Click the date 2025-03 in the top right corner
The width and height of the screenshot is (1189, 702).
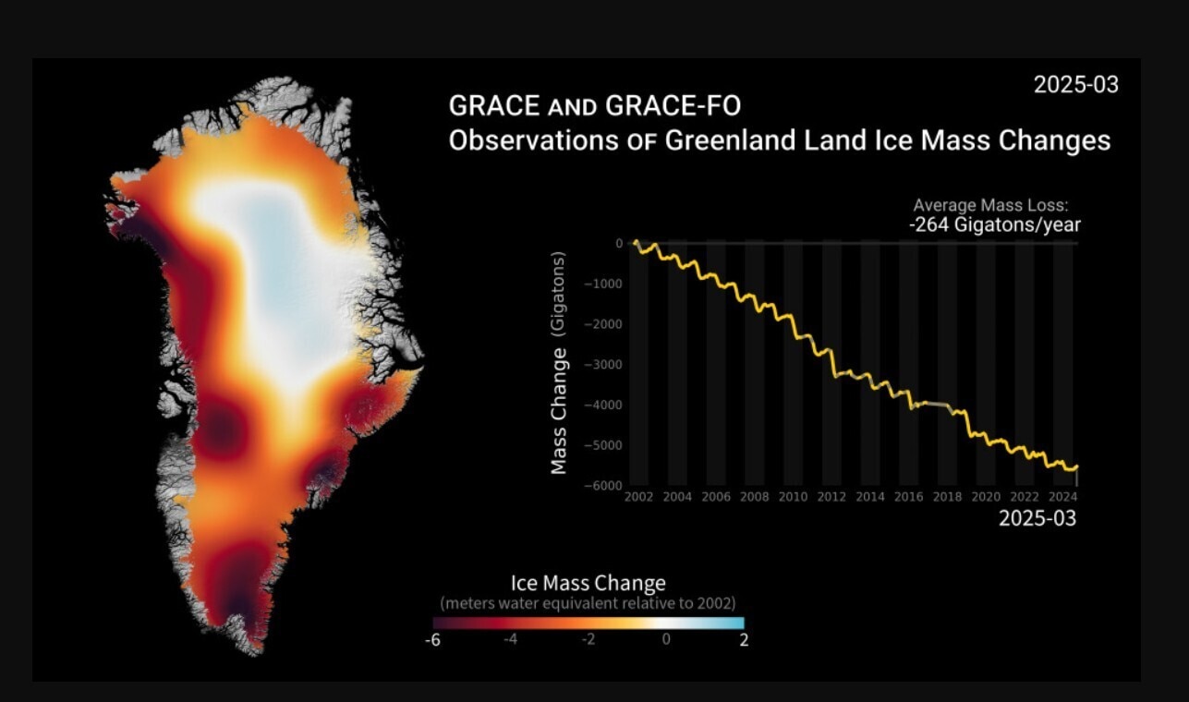pyautogui.click(x=1075, y=85)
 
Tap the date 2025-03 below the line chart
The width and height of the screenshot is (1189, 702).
pyautogui.click(x=1037, y=519)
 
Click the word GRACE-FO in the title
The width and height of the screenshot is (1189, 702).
pyautogui.click(x=673, y=106)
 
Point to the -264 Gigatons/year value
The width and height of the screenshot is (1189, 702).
pyautogui.click(x=994, y=224)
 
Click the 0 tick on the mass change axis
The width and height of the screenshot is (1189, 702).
pyautogui.click(x=619, y=243)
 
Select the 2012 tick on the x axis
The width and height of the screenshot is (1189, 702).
pyautogui.click(x=831, y=497)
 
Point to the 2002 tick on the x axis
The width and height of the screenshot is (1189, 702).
pyautogui.click(x=638, y=497)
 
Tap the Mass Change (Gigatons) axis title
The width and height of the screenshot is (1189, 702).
pyautogui.click(x=559, y=362)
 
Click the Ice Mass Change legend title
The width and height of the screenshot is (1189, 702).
pyautogui.click(x=588, y=584)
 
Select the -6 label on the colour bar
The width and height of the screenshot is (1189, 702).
pyautogui.click(x=431, y=640)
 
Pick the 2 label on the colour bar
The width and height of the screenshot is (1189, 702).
pyautogui.click(x=743, y=640)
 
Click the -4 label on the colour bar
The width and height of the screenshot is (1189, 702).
pyautogui.click(x=510, y=640)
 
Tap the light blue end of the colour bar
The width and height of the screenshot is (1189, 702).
pyautogui.click(x=735, y=623)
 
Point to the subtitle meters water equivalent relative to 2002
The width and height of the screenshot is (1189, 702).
pyautogui.click(x=588, y=603)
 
